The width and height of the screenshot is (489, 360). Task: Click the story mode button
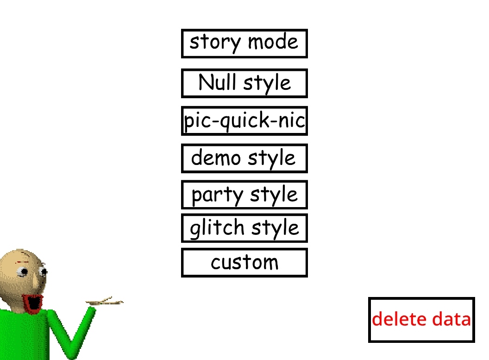[244, 44]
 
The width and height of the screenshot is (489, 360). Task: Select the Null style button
[244, 83]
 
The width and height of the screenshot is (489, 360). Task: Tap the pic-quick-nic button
[244, 121]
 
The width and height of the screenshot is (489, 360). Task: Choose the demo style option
[244, 158]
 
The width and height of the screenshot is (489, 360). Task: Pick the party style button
[244, 195]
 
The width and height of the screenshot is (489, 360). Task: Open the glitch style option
[244, 228]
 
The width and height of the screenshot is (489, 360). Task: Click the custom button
[244, 263]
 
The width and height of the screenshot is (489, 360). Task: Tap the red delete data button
[421, 320]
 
